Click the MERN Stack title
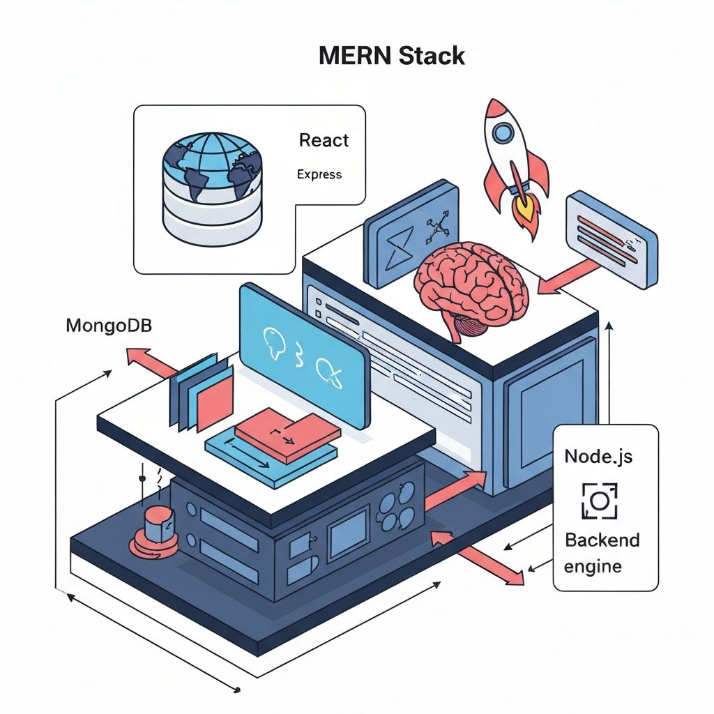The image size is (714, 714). (391, 56)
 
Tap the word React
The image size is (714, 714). (324, 140)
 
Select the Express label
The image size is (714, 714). (319, 174)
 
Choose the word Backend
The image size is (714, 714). (602, 540)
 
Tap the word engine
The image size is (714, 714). (593, 566)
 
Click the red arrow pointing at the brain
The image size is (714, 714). (572, 277)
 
